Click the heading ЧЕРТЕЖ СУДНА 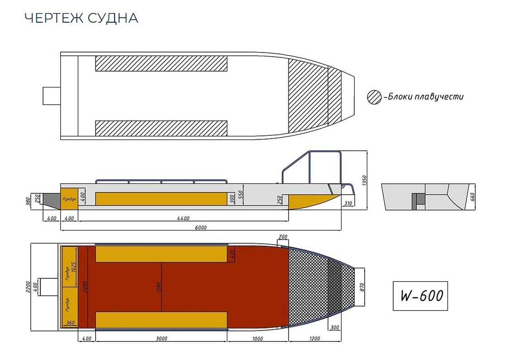(x=81, y=18)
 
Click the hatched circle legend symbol (x=374, y=97)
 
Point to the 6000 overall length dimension (x=201, y=228)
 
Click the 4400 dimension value (x=183, y=218)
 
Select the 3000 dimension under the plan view (x=161, y=339)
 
